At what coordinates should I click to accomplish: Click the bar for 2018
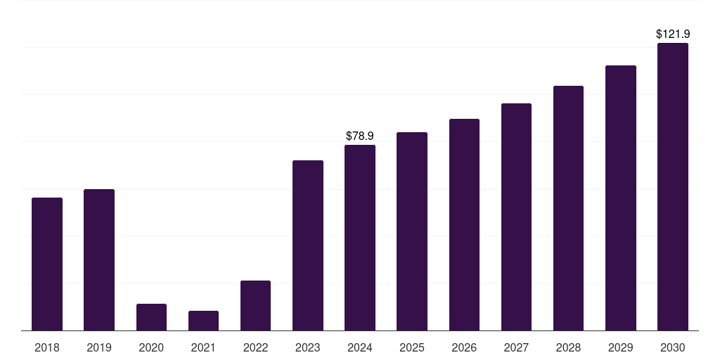click(x=47, y=264)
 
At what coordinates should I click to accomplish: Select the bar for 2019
click(x=99, y=260)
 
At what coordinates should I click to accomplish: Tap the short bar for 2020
click(x=151, y=317)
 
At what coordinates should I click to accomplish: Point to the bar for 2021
click(x=203, y=321)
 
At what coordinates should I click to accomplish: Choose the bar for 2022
click(x=255, y=305)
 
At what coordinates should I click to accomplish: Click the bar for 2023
click(x=308, y=245)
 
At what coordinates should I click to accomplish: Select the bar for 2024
click(x=360, y=238)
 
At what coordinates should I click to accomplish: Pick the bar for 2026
click(x=464, y=224)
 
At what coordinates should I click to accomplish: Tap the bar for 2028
click(x=568, y=208)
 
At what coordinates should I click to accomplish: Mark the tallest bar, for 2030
click(x=673, y=187)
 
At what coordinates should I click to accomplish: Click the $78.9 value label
click(x=360, y=136)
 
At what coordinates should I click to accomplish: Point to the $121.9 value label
click(x=673, y=34)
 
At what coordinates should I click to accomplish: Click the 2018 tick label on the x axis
click(x=47, y=347)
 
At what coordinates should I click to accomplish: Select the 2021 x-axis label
click(x=203, y=347)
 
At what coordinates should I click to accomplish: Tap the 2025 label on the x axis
click(x=412, y=347)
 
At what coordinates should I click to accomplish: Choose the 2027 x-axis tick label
click(x=516, y=347)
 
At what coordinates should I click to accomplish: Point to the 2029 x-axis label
click(x=620, y=347)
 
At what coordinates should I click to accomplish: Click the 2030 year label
click(x=673, y=347)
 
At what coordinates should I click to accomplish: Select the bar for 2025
click(x=412, y=231)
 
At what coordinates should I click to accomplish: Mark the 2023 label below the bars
click(x=308, y=347)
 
